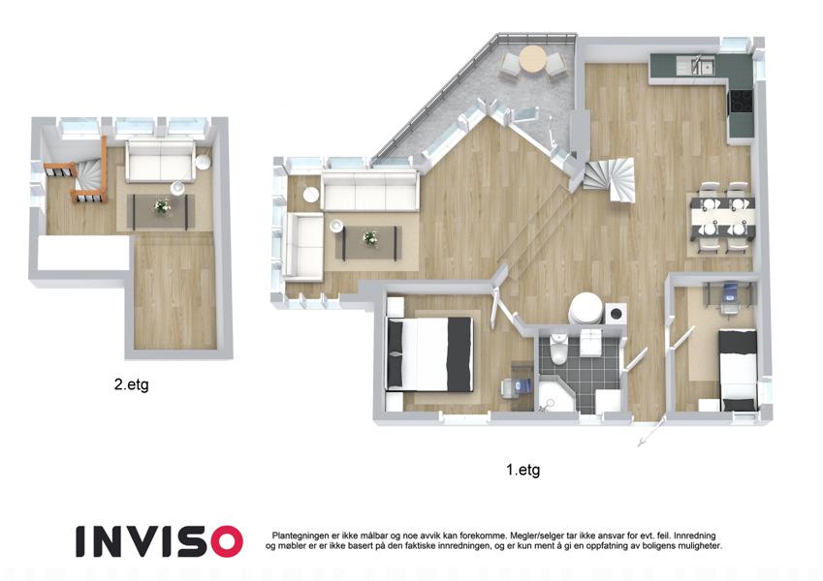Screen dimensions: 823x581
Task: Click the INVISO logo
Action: (159, 541)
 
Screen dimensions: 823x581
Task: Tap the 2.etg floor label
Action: (131, 384)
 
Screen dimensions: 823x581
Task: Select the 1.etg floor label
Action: (522, 470)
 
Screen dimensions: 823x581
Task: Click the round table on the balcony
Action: (533, 59)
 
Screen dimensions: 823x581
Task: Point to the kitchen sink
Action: (701, 66)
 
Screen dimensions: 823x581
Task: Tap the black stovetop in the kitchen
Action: (740, 102)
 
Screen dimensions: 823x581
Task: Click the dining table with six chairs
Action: (723, 218)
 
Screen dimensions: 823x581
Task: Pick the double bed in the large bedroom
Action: (429, 354)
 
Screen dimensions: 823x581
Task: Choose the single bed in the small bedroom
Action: (738, 369)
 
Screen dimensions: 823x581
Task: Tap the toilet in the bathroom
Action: (559, 349)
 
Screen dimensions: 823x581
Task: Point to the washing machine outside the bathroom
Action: (616, 314)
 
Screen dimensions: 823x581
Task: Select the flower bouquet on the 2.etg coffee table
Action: (162, 206)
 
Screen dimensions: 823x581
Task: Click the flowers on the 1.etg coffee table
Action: (370, 238)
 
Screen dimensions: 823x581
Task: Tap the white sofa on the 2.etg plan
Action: (160, 161)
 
